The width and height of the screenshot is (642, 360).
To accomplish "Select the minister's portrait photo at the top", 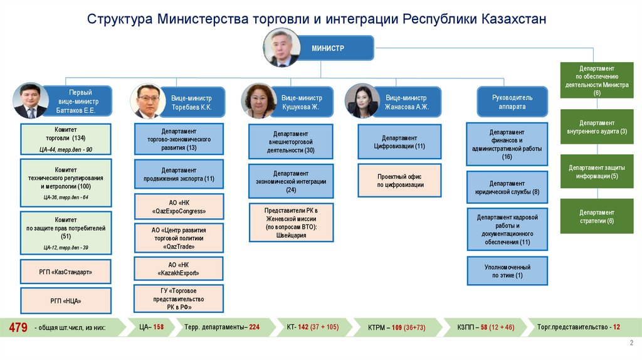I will (282, 48).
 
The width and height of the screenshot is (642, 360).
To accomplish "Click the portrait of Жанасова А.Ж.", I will (362, 101).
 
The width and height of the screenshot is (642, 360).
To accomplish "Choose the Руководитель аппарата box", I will (513, 102).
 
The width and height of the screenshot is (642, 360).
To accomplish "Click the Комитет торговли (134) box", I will (66, 140).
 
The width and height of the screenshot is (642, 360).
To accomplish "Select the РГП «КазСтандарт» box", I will (66, 272).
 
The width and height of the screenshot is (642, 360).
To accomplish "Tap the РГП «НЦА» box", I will (66, 302).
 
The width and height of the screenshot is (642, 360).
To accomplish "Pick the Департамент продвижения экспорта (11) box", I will (179, 174).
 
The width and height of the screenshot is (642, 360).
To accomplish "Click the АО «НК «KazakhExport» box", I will (179, 270).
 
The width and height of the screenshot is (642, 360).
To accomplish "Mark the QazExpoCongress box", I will (179, 207).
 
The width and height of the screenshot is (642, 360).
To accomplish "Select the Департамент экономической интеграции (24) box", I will (291, 181).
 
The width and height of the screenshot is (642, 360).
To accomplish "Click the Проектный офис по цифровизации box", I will (400, 181).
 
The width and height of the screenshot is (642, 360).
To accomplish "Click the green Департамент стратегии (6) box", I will (597, 216).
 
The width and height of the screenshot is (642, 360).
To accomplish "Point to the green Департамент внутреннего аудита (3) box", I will (597, 127).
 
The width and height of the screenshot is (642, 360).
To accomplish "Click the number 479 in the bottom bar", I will (17, 327).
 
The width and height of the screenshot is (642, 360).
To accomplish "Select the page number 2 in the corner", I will (631, 342).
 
